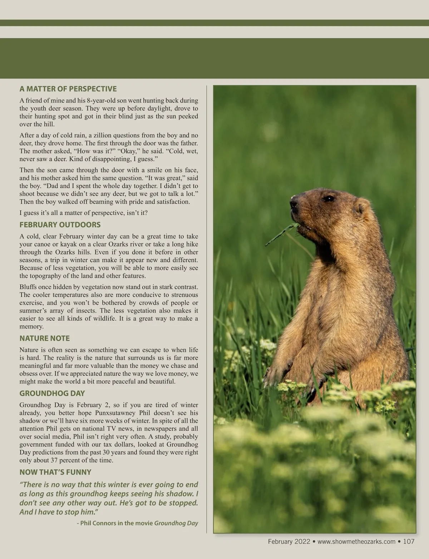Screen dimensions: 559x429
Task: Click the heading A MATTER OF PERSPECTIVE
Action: (68, 89)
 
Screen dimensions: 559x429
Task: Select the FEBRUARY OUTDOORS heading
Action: (60, 225)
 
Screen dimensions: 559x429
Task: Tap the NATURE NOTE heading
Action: (44, 338)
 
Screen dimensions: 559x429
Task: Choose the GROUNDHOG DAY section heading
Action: (52, 394)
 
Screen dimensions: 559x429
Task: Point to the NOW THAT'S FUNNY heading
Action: (55, 472)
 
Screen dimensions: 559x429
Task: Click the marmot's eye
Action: (328, 198)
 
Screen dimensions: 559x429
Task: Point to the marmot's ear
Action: (362, 208)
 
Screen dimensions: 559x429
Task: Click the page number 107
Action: (409, 541)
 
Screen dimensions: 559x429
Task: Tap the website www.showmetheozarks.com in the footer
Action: (356, 541)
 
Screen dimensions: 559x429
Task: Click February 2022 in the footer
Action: (289, 541)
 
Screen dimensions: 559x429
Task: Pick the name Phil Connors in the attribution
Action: (96, 523)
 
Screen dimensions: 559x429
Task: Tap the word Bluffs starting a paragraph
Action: (28, 287)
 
